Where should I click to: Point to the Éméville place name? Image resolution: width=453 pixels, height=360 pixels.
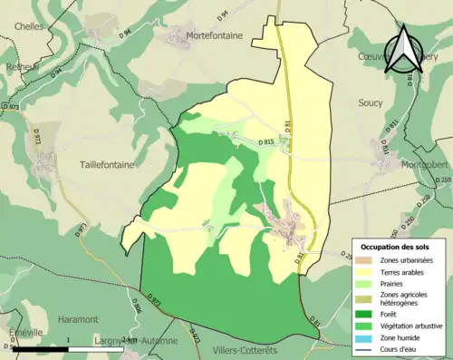[x=21, y=332]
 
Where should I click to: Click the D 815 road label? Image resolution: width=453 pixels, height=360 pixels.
[x=265, y=142]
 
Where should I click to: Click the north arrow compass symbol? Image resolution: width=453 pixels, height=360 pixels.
[x=401, y=48]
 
